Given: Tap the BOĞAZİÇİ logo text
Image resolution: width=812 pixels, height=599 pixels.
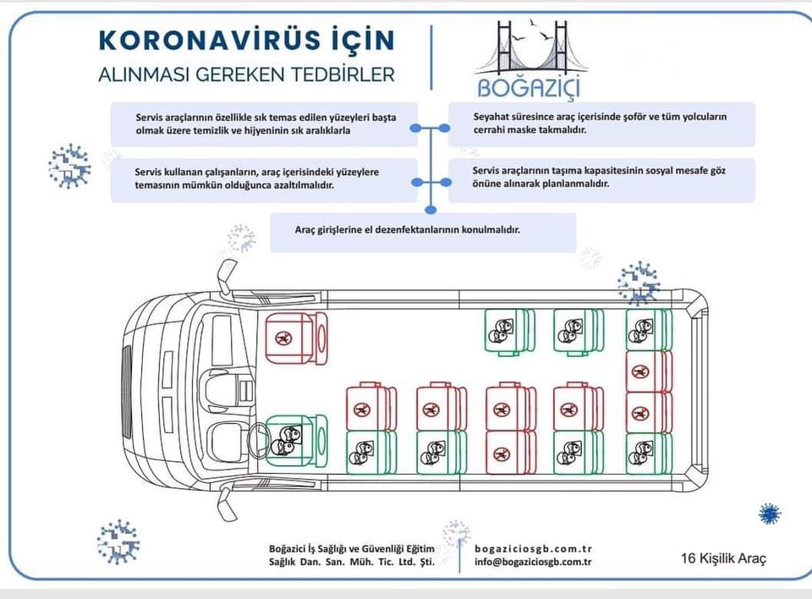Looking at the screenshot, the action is (528, 87).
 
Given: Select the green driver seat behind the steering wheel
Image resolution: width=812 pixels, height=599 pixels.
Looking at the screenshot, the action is (296, 440).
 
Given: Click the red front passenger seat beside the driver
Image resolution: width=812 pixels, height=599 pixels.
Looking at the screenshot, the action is (296, 338).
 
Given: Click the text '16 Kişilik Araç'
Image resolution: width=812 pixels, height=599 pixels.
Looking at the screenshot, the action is (723, 558).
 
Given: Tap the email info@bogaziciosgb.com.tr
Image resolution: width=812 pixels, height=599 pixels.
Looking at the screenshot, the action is (533, 562).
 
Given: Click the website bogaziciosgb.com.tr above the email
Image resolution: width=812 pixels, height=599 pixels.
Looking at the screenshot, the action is (533, 548).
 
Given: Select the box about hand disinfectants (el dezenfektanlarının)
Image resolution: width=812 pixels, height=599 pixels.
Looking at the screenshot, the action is (423, 232).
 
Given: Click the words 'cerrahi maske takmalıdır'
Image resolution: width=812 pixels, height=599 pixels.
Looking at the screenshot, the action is (529, 129).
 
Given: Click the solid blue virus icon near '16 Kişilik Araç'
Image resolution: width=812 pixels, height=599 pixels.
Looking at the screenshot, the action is (770, 514).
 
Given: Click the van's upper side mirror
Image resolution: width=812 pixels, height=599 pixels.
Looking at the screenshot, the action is (226, 276).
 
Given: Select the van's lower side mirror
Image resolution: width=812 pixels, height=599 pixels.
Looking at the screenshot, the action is (226, 503).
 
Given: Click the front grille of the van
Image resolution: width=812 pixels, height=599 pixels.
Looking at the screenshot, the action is (126, 390).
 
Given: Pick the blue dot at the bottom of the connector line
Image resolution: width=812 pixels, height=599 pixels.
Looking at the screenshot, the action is (431, 210).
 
